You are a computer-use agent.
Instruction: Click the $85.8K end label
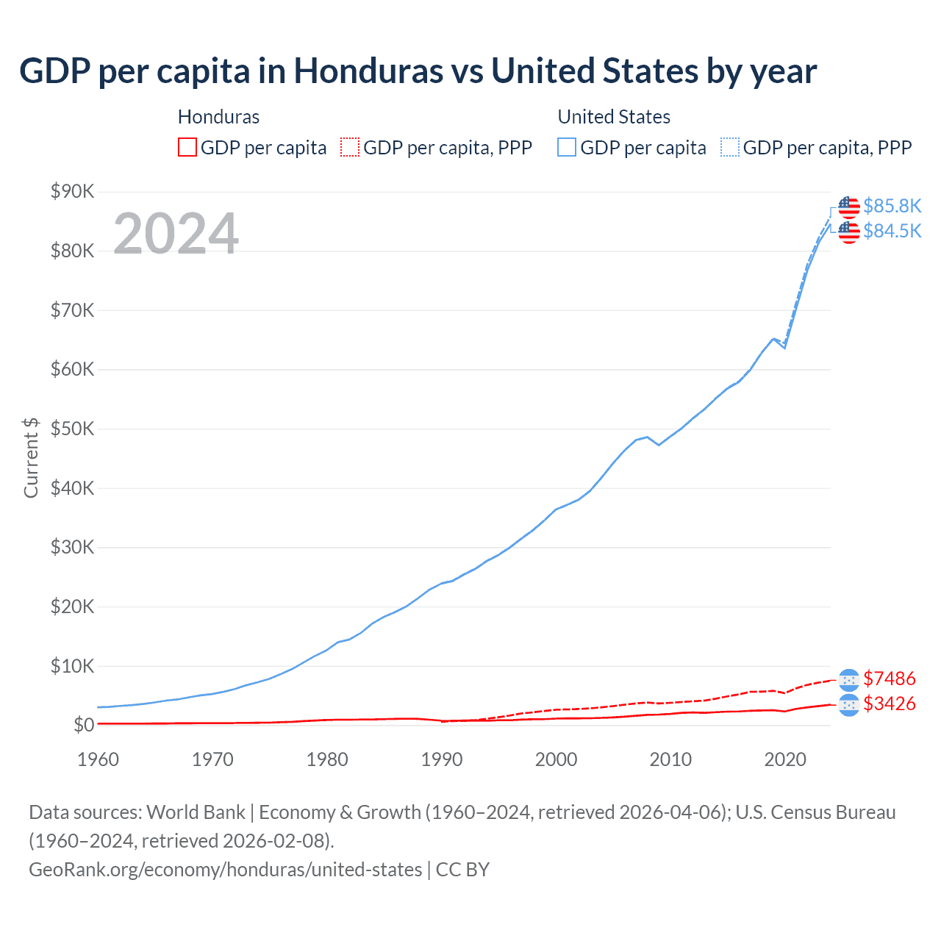coord(892,206)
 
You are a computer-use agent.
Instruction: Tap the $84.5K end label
coord(892,231)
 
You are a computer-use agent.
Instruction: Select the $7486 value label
coord(889,678)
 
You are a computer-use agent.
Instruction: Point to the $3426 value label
coord(889,704)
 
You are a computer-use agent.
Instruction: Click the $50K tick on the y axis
coord(72,429)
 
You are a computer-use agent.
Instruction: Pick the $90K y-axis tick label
coord(72,192)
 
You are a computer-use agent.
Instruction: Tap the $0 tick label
coord(84,725)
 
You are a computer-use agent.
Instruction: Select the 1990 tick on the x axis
coord(442,759)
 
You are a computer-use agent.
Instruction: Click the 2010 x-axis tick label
coord(670,759)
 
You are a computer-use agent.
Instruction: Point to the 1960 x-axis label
coord(98,759)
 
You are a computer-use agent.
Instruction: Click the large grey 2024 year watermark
coord(176,234)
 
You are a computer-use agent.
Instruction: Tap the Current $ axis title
coord(31,457)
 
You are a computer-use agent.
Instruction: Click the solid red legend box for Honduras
coord(187,147)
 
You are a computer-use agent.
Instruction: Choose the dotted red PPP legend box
coord(350,147)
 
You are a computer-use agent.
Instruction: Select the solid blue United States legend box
coord(567,147)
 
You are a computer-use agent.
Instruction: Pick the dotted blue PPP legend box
coord(730,147)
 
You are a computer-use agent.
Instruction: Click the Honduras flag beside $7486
coord(848,679)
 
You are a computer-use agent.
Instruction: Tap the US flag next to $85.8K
coord(848,207)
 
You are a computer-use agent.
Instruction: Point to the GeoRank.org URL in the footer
coord(225,870)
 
